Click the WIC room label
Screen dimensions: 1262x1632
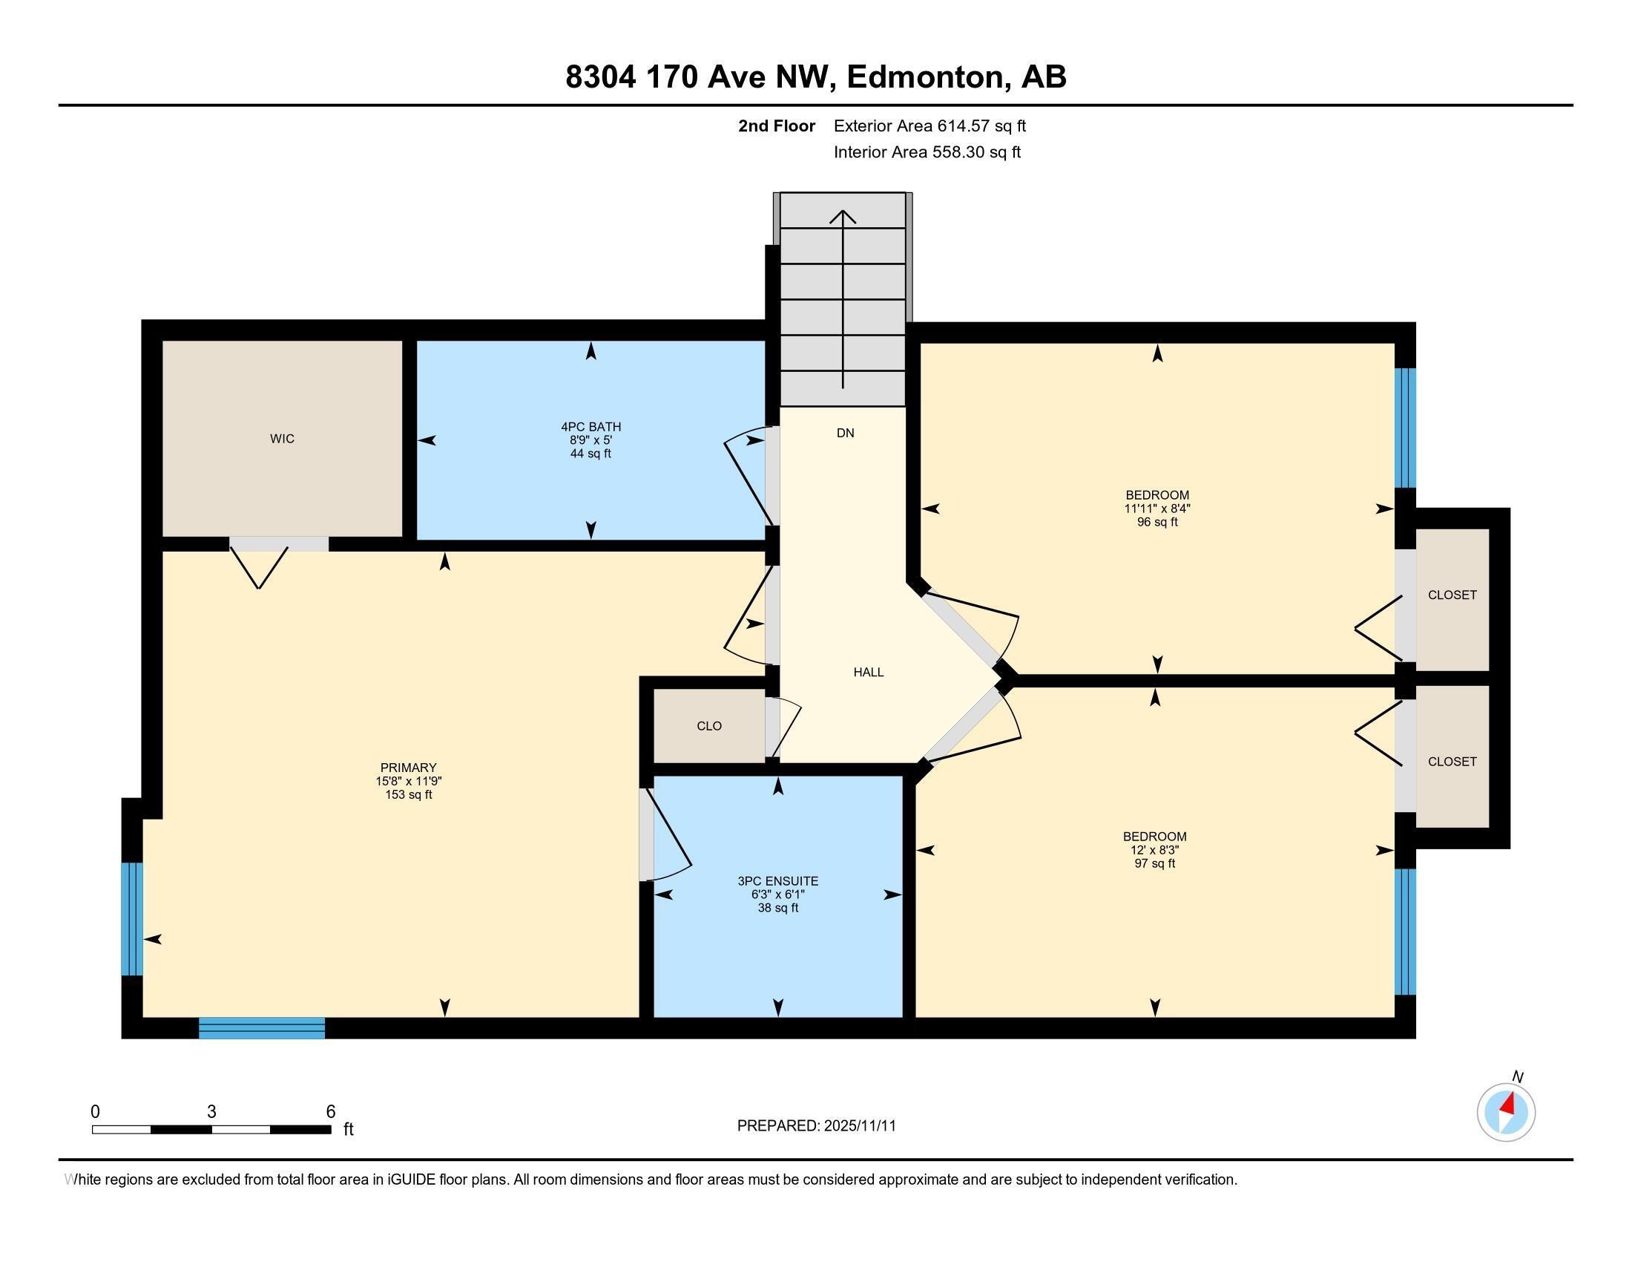point(282,439)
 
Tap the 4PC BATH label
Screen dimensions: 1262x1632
point(590,427)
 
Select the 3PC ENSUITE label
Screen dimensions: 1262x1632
point(777,880)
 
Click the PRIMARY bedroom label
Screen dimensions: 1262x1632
point(408,768)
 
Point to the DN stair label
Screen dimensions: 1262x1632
point(845,433)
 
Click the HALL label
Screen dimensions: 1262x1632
point(869,672)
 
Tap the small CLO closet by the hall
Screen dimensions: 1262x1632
point(708,726)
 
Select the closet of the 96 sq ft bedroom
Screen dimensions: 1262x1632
point(1451,595)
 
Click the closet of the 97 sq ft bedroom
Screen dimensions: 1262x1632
point(1451,761)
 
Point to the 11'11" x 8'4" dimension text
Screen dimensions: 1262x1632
point(1156,509)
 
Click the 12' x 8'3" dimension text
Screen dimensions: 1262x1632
point(1154,850)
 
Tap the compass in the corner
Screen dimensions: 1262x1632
point(1506,1112)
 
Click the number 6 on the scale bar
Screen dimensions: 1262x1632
point(330,1111)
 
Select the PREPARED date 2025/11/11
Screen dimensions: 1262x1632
point(816,1125)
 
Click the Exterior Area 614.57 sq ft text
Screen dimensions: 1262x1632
point(929,125)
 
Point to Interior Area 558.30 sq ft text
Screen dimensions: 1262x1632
point(927,152)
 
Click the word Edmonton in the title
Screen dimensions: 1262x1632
point(925,77)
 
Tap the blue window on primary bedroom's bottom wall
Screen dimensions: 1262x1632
point(262,1028)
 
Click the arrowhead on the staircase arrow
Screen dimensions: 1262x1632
point(843,216)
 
